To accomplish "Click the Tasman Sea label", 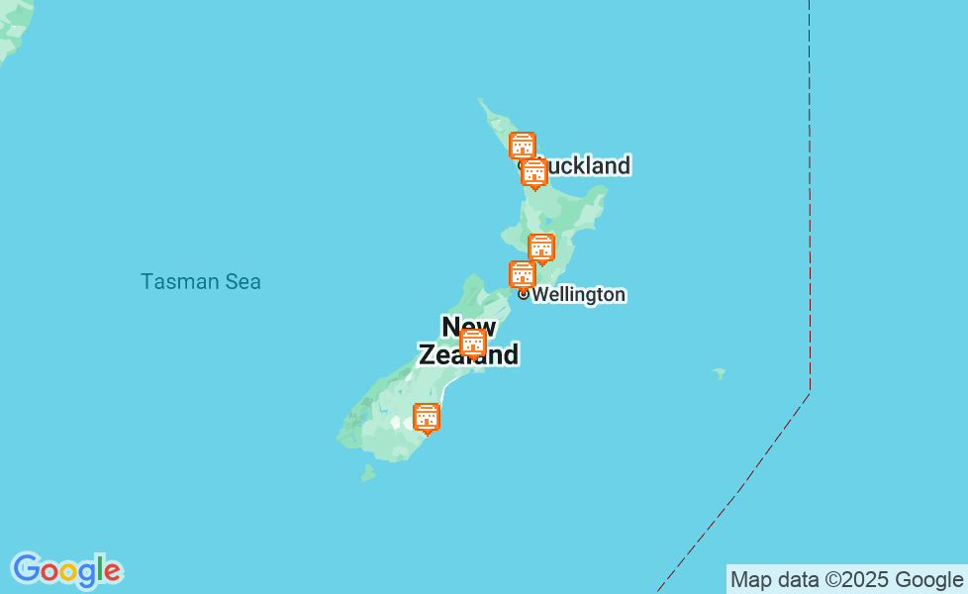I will (x=201, y=282).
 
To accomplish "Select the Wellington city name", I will (x=579, y=295).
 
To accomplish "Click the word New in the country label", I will (x=468, y=326).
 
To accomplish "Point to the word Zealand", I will (x=468, y=354).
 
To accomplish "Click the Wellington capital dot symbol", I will (x=524, y=294).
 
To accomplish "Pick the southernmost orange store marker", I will (x=427, y=418).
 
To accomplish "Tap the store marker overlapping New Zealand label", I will (x=473, y=343).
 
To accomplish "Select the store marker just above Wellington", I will (x=523, y=274).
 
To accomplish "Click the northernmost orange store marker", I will (x=523, y=146).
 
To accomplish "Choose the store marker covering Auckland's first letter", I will (x=534, y=172).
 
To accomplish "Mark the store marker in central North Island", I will (x=541, y=247).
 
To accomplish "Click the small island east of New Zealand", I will (x=719, y=374).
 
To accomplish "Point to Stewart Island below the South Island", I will (x=368, y=473).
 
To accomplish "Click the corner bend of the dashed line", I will (x=810, y=393).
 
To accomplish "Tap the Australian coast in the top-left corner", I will (x=12, y=30).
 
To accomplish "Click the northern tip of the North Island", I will (x=481, y=101).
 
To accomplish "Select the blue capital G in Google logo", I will (x=26, y=569).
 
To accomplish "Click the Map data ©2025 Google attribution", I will (x=846, y=580).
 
